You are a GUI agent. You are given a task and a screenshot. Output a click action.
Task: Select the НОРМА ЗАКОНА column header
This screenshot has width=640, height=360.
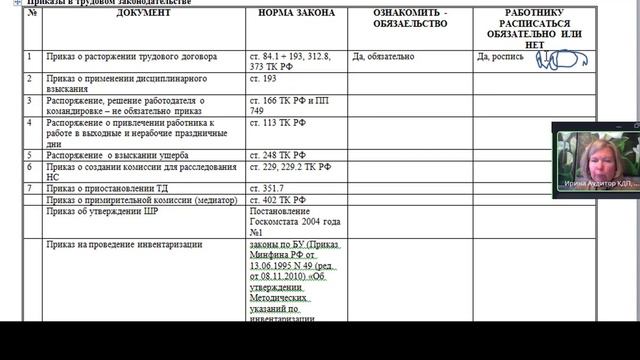coord(296,13)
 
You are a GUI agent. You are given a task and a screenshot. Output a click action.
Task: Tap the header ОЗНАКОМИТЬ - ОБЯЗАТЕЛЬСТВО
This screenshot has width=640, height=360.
coord(410,18)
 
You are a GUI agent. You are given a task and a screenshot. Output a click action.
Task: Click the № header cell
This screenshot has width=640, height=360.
coord(33,13)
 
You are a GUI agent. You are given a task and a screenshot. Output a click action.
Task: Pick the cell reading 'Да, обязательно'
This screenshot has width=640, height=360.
coord(383,57)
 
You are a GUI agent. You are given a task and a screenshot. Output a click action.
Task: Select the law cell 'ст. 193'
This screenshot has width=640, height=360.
coord(263,78)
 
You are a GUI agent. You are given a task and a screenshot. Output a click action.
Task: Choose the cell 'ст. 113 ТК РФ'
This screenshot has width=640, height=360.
coord(277,123)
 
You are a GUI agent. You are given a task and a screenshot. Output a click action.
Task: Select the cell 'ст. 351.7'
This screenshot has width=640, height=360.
coord(266,188)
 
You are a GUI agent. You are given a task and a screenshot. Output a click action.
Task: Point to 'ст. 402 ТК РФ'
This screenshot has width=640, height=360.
coord(277,200)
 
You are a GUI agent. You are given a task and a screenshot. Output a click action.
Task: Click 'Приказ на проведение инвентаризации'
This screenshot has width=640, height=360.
coord(124,244)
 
